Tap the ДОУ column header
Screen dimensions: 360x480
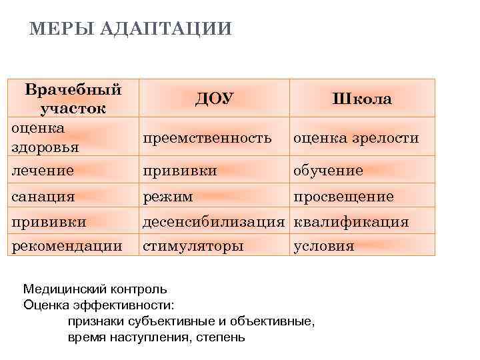(214, 99)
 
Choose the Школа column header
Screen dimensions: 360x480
(362, 99)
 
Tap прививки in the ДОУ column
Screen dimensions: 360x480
(179, 170)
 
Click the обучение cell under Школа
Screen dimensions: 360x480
(329, 170)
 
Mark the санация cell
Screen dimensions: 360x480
(43, 197)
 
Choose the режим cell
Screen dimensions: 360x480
(168, 197)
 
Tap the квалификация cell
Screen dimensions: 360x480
(351, 221)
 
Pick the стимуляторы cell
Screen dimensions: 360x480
(193, 245)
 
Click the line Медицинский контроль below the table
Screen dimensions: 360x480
(95, 289)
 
